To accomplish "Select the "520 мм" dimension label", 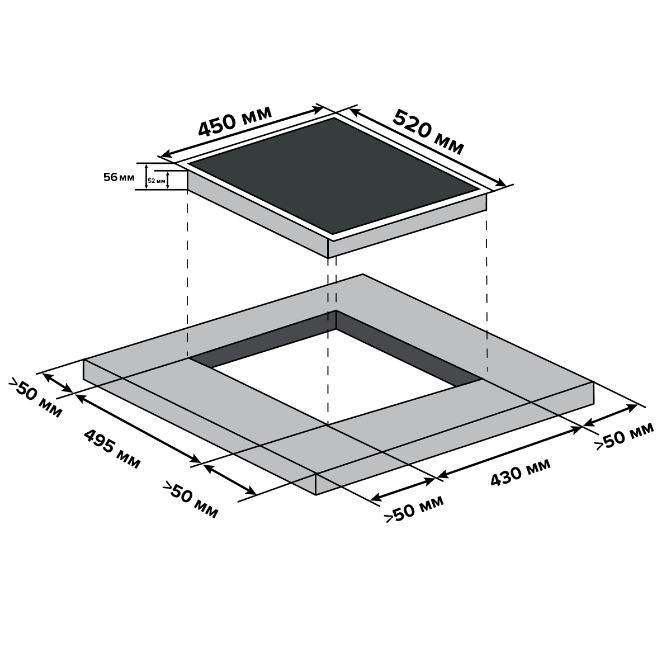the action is pyautogui.click(x=428, y=133).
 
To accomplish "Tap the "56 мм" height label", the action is pyautogui.click(x=119, y=177).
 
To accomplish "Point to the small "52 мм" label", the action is pyautogui.click(x=157, y=181).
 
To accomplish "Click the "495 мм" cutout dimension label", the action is pyautogui.click(x=112, y=449).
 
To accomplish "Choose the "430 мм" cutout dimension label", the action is pyautogui.click(x=520, y=472).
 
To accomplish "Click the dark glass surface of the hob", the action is pyautogui.click(x=334, y=176).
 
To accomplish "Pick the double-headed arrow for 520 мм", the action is pyautogui.click(x=428, y=147).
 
